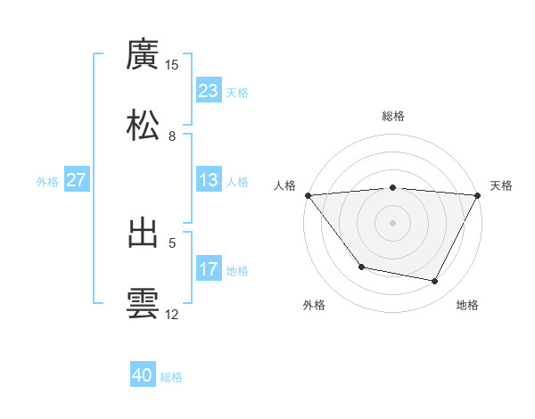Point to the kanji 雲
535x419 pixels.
click(143, 303)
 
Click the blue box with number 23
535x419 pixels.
click(208, 91)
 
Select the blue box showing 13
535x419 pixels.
click(208, 180)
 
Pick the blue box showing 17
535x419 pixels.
click(208, 269)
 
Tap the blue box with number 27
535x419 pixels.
click(77, 180)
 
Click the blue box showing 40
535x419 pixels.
click(143, 376)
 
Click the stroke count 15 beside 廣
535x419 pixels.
click(172, 65)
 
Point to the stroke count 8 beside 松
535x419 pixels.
click(172, 136)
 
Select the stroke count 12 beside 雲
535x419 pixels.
click(172, 315)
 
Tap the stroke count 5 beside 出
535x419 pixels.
click(172, 242)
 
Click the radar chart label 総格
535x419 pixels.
click(392, 116)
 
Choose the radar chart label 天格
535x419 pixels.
click(501, 185)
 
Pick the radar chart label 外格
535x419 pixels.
click(314, 306)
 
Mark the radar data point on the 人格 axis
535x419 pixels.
click(308, 194)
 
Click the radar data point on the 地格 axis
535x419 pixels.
click(435, 282)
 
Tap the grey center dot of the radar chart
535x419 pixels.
click(392, 222)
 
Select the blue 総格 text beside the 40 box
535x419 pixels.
click(171, 377)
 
